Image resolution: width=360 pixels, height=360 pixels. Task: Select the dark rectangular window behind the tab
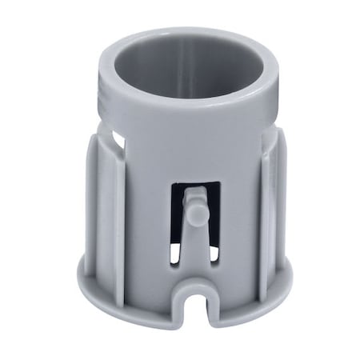[210, 200]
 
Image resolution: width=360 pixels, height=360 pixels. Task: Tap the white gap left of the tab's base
[174, 256]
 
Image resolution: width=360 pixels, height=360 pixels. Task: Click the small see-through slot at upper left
[118, 141]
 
